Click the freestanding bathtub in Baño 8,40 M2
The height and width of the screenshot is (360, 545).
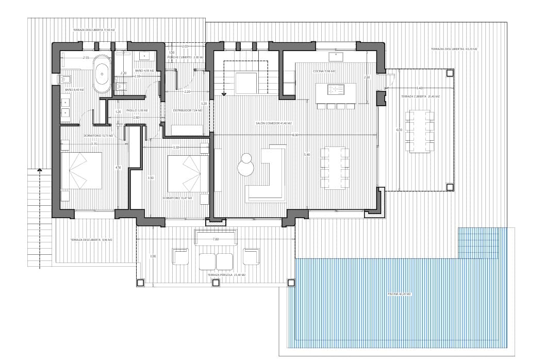coord(102,74)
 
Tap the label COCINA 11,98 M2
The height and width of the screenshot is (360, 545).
coord(324,71)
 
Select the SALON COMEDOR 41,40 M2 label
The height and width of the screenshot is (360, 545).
coord(274,123)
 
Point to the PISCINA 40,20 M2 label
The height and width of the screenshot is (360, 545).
coord(399,294)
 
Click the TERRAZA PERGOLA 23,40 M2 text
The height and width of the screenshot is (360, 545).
coord(226,275)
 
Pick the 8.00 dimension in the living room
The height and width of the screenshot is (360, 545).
coord(294,135)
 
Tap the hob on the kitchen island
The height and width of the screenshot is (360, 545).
coord(336,90)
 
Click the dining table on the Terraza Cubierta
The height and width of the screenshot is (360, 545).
coord(419,130)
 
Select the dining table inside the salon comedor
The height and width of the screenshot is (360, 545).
coord(335,168)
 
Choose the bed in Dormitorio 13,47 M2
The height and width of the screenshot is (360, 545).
coord(188,173)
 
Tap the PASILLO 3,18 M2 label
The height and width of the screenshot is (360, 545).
coord(137,110)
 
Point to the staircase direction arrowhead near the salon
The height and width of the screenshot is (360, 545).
coord(224,94)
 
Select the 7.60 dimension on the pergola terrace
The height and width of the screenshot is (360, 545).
coord(216,239)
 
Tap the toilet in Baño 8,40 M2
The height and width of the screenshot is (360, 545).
coord(67,79)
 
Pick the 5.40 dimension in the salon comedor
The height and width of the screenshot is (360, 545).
coord(307,155)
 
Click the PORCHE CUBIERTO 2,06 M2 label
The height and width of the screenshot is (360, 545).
coord(180,57)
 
